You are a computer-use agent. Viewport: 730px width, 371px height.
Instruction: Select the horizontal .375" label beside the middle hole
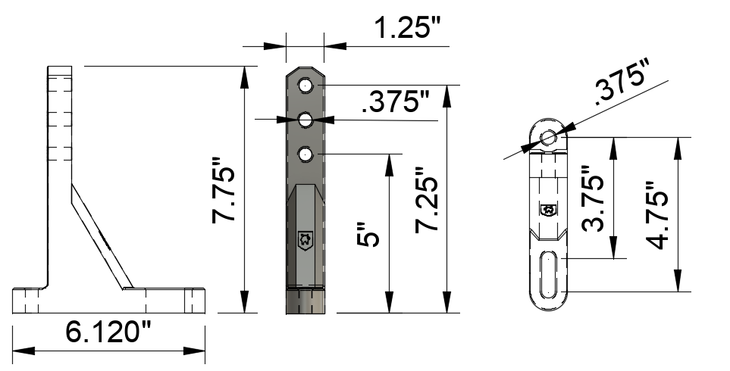pos(396,102)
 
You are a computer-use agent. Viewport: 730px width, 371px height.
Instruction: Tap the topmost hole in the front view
pos(305,86)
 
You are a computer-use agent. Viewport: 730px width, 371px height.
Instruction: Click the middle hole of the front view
pos(305,120)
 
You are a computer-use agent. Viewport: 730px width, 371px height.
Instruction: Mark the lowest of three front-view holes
pos(305,154)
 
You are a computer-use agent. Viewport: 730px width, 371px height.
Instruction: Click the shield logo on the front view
pos(305,240)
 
